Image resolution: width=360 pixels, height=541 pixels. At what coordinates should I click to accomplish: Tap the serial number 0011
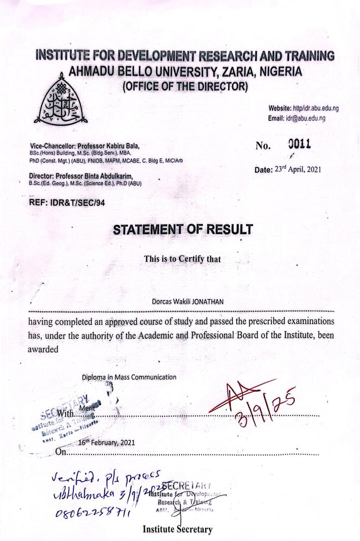(299, 144)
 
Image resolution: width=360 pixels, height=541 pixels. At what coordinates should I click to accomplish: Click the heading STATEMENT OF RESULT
(183, 230)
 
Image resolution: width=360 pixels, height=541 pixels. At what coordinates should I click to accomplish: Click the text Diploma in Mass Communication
(129, 377)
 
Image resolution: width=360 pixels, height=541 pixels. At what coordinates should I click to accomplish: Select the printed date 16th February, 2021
(107, 443)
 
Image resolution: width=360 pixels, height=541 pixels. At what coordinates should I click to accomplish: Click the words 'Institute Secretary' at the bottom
(178, 529)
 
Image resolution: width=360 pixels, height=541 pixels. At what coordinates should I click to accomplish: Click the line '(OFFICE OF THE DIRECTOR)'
(185, 86)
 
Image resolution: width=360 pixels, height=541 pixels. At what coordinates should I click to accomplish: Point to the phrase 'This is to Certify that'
(182, 259)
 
